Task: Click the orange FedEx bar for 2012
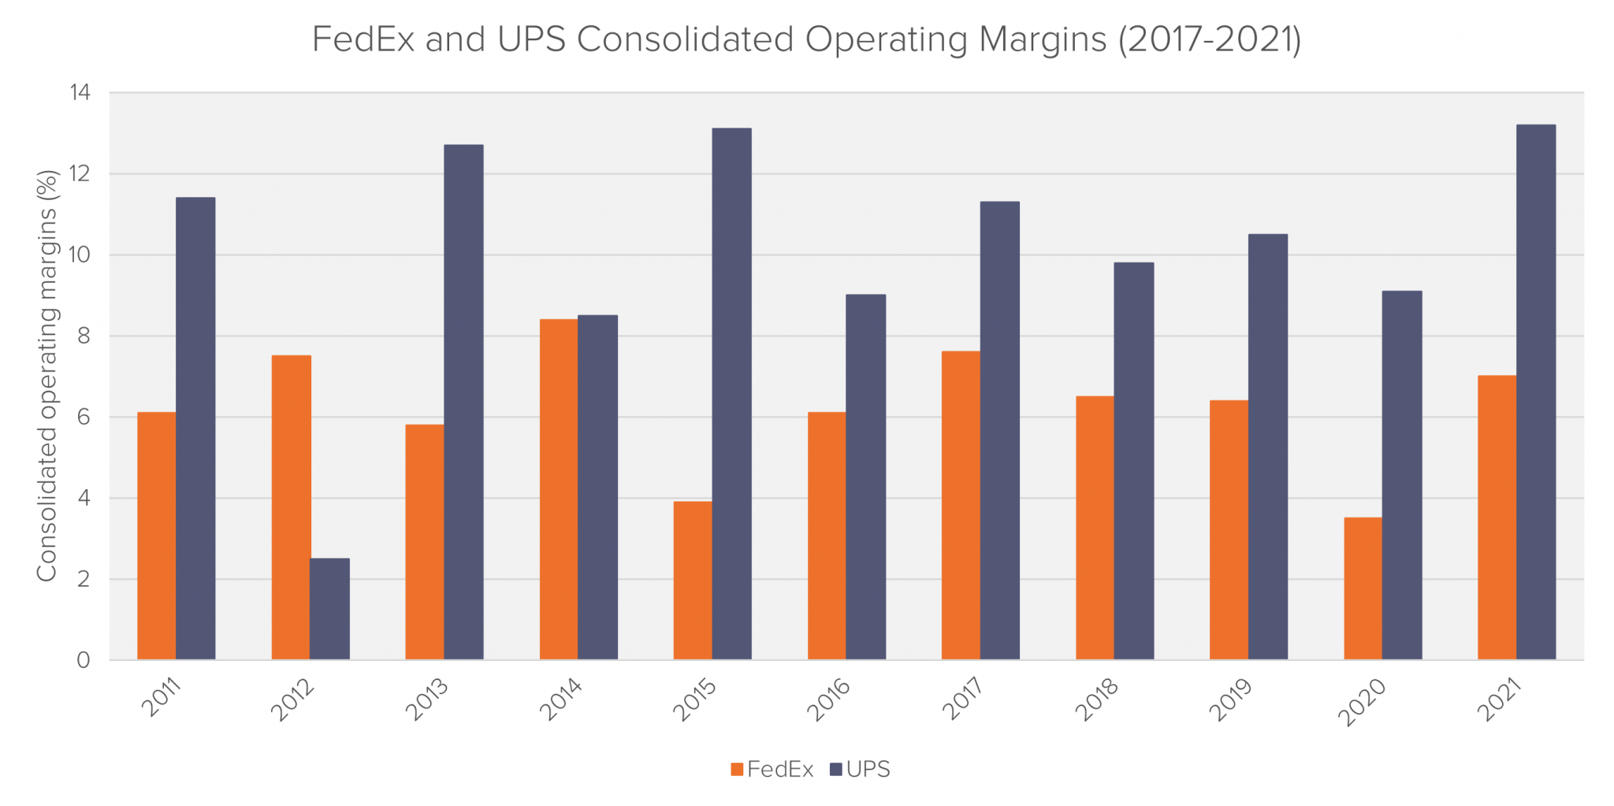pos(291,507)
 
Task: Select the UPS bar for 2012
pos(329,608)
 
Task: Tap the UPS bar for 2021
pos(1535,392)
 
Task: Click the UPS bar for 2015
pos(731,393)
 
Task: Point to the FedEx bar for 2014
pos(559,488)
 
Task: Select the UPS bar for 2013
pos(463,402)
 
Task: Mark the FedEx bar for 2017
pos(961,505)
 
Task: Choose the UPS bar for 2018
pos(1133,461)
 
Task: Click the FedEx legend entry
pos(772,769)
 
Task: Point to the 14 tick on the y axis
pos(80,93)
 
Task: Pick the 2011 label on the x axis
pos(162,697)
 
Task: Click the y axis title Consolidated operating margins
pos(47,376)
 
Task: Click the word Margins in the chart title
pos(1043,39)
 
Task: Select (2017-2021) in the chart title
pos(1210,39)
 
